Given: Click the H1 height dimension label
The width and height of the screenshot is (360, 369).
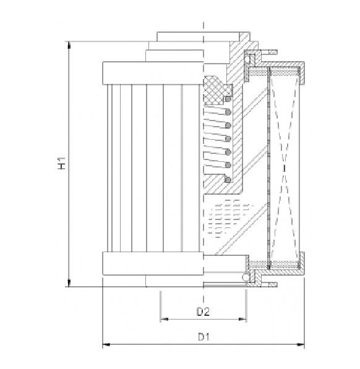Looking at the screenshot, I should [x=62, y=164].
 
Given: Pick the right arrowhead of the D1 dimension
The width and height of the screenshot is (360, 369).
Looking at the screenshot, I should [x=302, y=344].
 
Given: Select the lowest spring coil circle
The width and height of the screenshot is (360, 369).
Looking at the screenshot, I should [x=228, y=179].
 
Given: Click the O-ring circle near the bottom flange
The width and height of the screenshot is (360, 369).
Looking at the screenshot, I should [x=246, y=278].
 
